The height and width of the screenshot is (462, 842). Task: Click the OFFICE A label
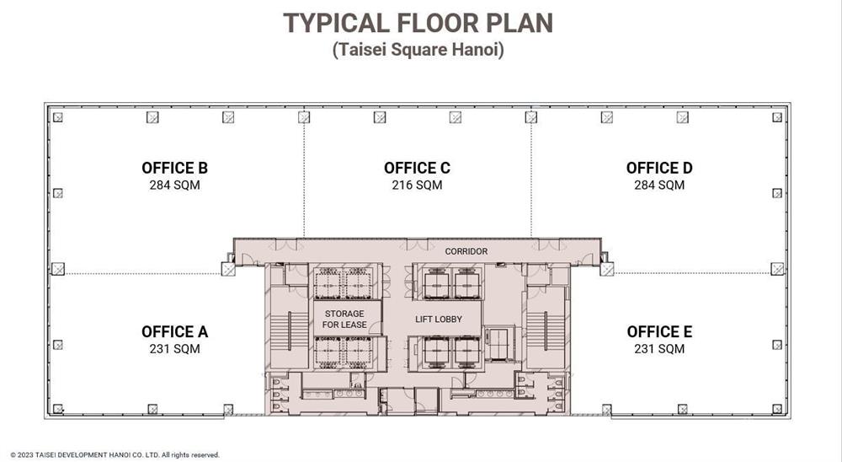pos(174,332)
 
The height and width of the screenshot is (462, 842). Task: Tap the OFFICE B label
pos(174,168)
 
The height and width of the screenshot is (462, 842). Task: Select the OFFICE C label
pos(417,168)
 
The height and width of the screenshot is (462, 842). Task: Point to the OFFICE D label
pos(659,168)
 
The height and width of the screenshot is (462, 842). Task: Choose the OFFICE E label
pos(659,332)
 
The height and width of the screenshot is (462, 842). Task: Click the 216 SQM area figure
pos(417,185)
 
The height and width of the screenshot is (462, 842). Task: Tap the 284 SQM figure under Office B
pos(174,185)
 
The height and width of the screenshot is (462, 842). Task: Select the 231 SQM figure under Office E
pos(659,349)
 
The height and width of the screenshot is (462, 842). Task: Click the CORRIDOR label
pos(466,251)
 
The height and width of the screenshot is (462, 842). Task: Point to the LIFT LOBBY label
pos(438,319)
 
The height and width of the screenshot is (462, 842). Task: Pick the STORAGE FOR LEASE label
pos(344,319)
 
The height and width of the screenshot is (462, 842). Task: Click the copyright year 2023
pos(26,455)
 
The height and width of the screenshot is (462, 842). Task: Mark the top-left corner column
pos(57,117)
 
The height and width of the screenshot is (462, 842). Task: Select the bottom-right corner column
pos(777,409)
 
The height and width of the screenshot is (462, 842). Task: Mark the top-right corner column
pos(777,117)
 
